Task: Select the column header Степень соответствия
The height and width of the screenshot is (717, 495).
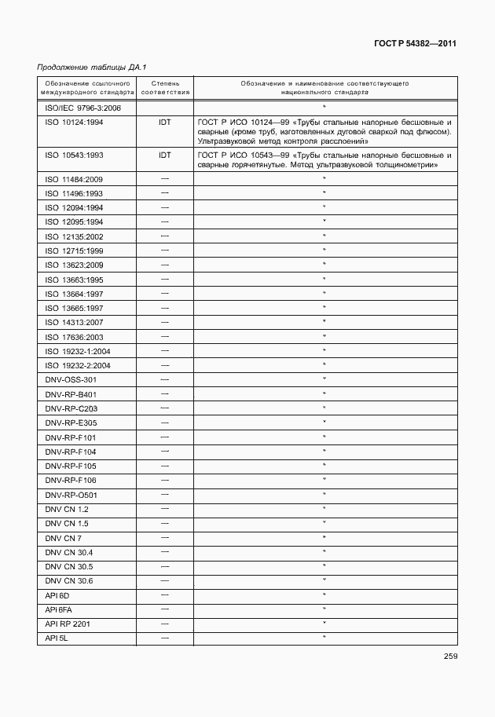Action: click(x=165, y=86)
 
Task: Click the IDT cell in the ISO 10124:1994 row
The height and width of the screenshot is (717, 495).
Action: click(x=165, y=123)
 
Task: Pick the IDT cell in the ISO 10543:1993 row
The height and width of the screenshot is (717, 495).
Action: click(x=165, y=155)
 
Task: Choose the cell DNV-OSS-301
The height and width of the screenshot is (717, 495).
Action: click(x=71, y=379)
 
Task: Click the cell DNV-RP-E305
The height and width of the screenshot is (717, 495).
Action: click(x=71, y=423)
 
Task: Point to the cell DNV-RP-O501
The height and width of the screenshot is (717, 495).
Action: click(x=71, y=495)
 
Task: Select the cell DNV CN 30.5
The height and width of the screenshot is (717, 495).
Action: click(x=69, y=566)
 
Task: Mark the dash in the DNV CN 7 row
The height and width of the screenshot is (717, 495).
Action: click(x=165, y=537)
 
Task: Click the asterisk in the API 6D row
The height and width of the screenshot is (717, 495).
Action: click(x=324, y=594)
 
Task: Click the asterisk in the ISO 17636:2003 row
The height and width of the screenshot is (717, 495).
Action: click(x=324, y=336)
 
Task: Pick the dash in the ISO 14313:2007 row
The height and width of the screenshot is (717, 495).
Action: click(x=165, y=322)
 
